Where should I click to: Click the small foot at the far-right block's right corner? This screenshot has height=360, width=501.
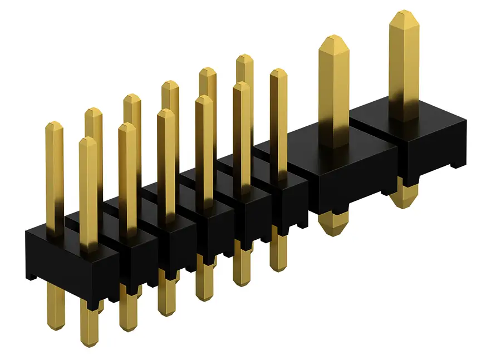(x=457, y=164)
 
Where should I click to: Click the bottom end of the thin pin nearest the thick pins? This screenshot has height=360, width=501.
(x=278, y=266)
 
